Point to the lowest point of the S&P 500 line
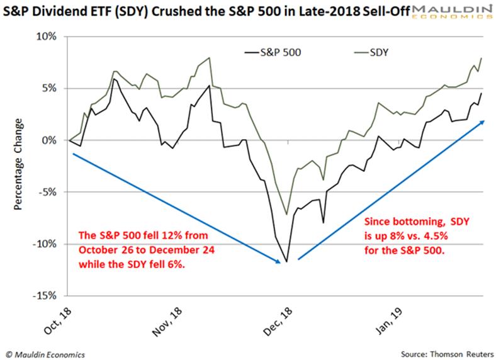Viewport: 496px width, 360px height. coord(287,261)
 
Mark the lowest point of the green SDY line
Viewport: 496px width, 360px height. coord(287,215)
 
